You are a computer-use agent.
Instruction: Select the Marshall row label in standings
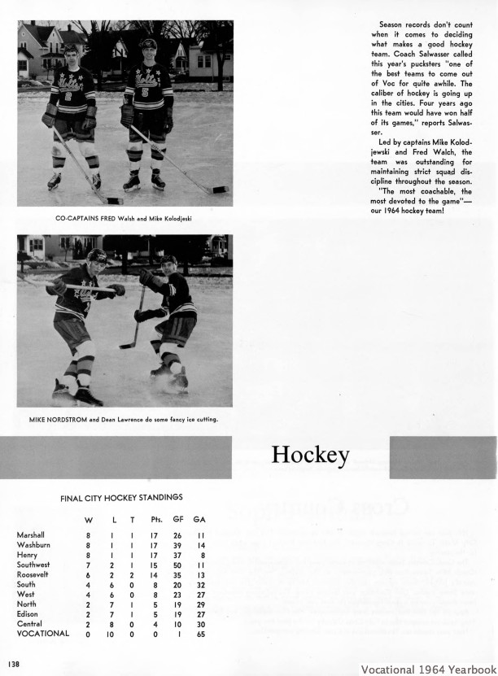(30, 534)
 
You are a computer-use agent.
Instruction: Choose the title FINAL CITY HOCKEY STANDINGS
(121, 497)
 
